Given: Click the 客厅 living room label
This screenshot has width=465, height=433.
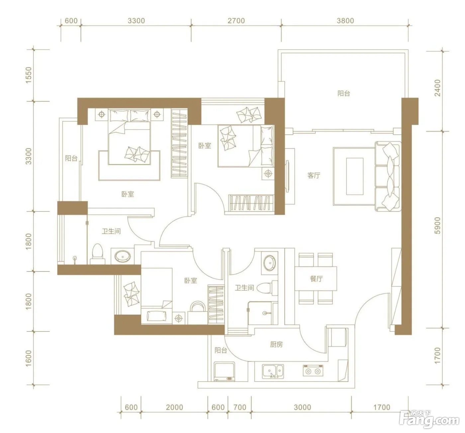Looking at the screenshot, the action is click(x=314, y=176).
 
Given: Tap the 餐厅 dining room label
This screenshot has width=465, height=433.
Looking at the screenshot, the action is click(x=316, y=279).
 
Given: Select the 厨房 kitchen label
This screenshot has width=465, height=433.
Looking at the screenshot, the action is click(x=276, y=345).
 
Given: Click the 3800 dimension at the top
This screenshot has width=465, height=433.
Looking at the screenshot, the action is click(x=345, y=21).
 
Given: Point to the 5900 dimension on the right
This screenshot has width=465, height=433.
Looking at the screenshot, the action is click(x=437, y=226).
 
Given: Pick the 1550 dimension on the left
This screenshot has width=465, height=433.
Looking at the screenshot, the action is click(x=28, y=75).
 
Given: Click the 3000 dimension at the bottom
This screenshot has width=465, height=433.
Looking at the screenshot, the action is click(x=302, y=407).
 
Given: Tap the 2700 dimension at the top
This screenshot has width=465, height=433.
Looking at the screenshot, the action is click(x=236, y=21).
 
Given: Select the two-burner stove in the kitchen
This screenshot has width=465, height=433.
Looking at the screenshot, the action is click(x=313, y=371).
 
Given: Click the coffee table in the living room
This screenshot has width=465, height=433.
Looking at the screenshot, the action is click(x=355, y=177).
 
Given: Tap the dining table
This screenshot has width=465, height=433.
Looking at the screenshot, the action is click(x=316, y=278).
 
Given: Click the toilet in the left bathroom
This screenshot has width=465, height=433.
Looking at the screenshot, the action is click(x=98, y=254).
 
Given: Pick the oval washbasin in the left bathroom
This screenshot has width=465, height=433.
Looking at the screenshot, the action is click(x=123, y=256).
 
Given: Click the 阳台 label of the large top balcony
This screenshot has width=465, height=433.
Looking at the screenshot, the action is click(x=344, y=94).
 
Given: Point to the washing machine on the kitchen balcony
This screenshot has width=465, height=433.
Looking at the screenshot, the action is click(x=224, y=372).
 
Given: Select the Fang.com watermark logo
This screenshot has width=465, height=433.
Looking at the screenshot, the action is click(x=430, y=421).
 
